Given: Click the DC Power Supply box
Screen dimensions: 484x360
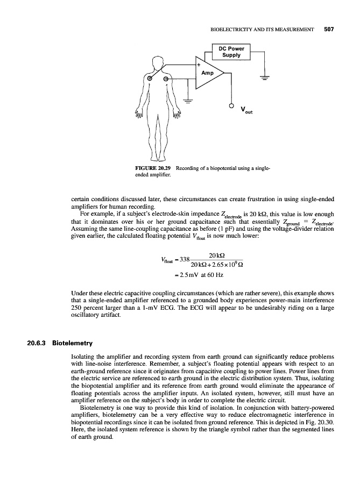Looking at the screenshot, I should click(x=230, y=52).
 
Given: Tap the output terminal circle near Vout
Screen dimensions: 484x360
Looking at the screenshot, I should click(x=232, y=105).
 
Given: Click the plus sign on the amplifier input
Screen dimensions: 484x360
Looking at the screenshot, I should click(x=198, y=65).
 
